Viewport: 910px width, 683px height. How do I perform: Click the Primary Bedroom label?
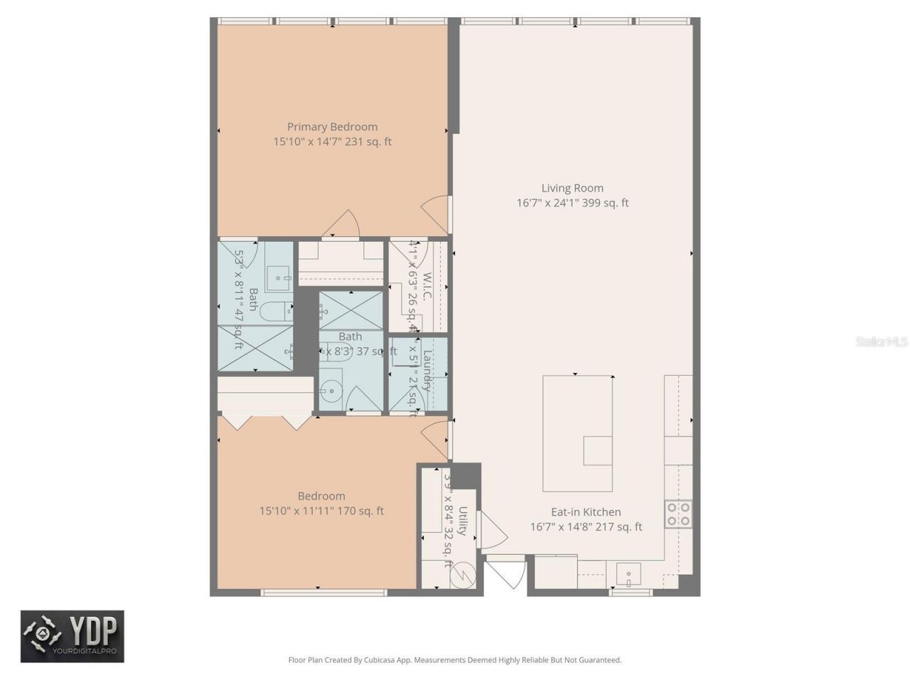tap(332, 127)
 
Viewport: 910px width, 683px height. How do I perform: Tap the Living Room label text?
tap(572, 189)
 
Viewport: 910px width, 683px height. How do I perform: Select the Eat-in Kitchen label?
tap(586, 512)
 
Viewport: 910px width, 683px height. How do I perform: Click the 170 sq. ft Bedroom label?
tap(321, 497)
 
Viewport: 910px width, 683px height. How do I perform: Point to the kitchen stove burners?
tap(678, 514)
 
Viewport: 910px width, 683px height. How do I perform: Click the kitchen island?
tap(577, 433)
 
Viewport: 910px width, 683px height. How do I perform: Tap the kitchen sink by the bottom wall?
tap(628, 573)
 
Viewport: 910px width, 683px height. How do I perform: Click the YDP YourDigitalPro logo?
tap(72, 636)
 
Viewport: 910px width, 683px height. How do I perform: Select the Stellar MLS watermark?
tap(881, 342)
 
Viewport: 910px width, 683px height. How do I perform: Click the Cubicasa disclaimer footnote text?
tap(454, 660)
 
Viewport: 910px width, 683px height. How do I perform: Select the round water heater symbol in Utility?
tap(463, 575)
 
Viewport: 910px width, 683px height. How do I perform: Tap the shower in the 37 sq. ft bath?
tap(350, 310)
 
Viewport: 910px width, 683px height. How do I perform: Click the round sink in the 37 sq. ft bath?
tap(330, 391)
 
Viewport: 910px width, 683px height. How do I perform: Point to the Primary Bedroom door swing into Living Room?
tap(437, 213)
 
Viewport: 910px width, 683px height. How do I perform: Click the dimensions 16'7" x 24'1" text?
tap(572, 203)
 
